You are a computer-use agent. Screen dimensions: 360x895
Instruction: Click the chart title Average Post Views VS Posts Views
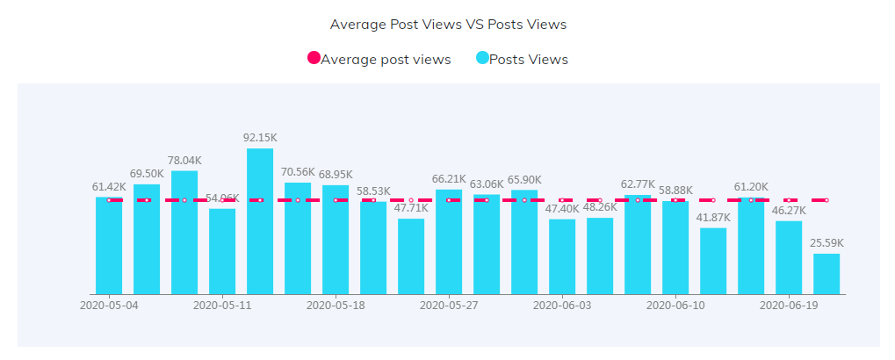(x=448, y=24)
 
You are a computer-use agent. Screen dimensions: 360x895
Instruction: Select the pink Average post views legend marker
(x=314, y=59)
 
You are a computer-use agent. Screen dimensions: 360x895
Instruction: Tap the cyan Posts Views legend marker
(x=482, y=59)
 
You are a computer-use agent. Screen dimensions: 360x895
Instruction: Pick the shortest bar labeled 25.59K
(x=826, y=274)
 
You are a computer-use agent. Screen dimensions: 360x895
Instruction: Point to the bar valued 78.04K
(x=184, y=233)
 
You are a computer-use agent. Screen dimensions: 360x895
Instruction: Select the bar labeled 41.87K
(x=713, y=261)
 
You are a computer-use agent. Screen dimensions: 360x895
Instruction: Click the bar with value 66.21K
(x=449, y=241)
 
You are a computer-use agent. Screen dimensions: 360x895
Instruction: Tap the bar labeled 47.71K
(x=411, y=256)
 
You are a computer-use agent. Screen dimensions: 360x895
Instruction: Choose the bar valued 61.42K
(x=109, y=245)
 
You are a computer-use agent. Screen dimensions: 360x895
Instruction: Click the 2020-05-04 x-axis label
(x=109, y=306)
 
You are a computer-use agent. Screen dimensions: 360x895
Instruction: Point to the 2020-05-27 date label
(x=449, y=306)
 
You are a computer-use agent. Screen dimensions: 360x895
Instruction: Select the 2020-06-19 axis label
(x=789, y=306)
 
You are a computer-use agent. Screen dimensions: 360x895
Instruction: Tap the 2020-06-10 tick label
(x=675, y=306)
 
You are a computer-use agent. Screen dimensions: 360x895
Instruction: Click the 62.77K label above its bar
(x=639, y=184)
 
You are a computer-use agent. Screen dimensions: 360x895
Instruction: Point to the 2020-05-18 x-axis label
(x=336, y=306)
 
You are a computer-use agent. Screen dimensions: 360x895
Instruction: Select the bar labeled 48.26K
(x=600, y=256)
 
